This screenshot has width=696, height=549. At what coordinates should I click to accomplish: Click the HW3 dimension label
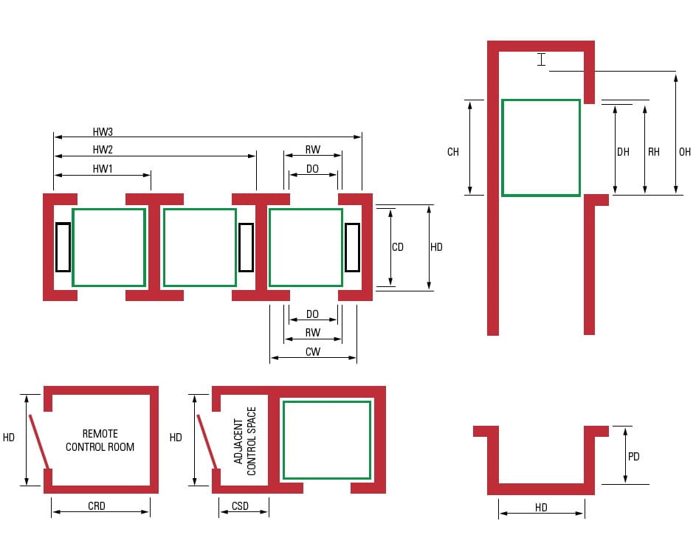[103, 132]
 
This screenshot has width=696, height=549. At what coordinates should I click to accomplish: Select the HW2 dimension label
[103, 150]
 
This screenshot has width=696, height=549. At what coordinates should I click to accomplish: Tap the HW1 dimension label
[103, 169]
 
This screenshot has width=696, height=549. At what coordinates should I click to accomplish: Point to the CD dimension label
[398, 247]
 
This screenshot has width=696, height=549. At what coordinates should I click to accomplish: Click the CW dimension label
[313, 352]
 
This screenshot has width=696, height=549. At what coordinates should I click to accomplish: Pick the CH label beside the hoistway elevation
[453, 152]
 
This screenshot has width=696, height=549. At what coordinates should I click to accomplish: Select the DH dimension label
[624, 152]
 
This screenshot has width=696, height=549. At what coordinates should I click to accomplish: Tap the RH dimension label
[654, 152]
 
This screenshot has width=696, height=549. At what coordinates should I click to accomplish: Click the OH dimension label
[685, 152]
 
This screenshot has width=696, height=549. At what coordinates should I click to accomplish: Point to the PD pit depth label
[633, 457]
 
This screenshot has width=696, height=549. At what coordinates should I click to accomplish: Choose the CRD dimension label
[97, 506]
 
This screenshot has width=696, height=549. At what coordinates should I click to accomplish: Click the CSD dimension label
[240, 506]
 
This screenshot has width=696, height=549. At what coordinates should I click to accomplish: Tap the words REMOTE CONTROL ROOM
[100, 440]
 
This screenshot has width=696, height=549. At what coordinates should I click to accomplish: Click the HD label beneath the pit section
[542, 508]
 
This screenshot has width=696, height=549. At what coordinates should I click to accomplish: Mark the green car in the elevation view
[541, 148]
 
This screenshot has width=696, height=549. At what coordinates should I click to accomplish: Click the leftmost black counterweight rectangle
[63, 246]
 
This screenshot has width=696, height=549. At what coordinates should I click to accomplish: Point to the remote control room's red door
[39, 441]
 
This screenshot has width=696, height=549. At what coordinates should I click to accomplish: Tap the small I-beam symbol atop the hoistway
[542, 60]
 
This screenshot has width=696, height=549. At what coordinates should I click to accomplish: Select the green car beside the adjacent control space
[327, 440]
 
